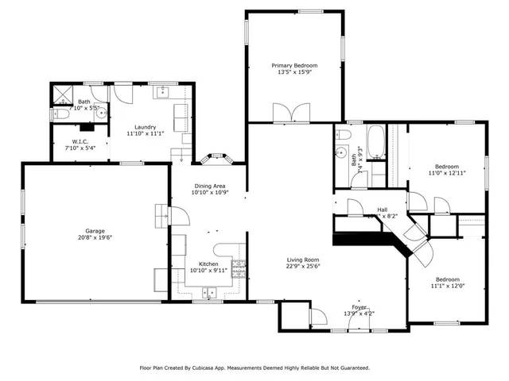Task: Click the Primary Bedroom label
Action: point(294,65)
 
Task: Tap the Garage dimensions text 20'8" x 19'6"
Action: point(90,237)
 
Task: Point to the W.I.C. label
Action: point(73,141)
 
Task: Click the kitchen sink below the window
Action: point(211,293)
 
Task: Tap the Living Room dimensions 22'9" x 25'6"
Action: point(302,267)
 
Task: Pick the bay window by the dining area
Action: point(217,157)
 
